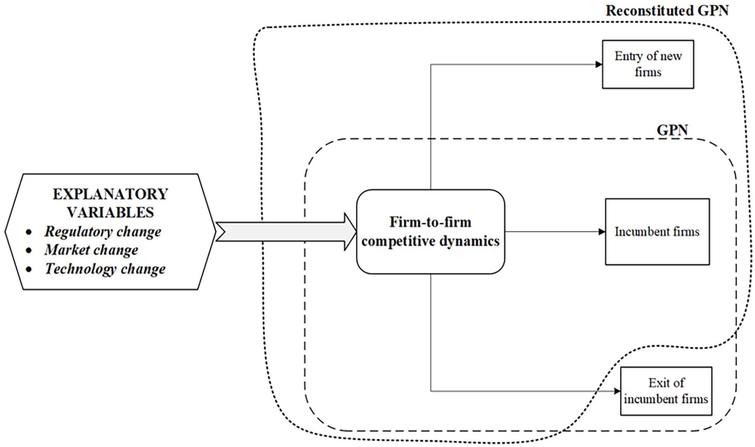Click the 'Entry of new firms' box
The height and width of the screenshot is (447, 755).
pyautogui.click(x=648, y=64)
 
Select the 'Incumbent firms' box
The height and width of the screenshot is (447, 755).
pyautogui.click(x=657, y=232)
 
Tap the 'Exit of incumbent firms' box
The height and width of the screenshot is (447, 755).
pyautogui.click(x=666, y=391)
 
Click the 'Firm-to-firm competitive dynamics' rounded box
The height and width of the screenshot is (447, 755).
pyautogui.click(x=430, y=232)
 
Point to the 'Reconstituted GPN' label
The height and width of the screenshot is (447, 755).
pyautogui.click(x=667, y=10)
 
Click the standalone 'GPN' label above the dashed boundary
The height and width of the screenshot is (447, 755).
pyautogui.click(x=672, y=130)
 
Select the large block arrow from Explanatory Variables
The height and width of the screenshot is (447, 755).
pyautogui.click(x=286, y=232)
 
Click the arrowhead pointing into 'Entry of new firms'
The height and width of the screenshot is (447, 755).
pyautogui.click(x=599, y=64)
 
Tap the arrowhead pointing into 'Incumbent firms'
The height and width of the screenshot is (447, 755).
pyautogui.click(x=602, y=232)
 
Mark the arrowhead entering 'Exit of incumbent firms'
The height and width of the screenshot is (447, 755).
pyautogui.click(x=617, y=391)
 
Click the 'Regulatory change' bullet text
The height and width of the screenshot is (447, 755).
pyautogui.click(x=103, y=232)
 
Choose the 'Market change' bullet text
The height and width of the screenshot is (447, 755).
pyautogui.click(x=91, y=250)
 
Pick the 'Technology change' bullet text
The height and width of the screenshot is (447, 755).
pyautogui.click(x=105, y=269)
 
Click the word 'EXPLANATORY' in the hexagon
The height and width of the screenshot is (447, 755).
pyautogui.click(x=111, y=194)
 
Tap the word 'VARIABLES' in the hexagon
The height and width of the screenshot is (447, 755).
pyautogui.click(x=110, y=212)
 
